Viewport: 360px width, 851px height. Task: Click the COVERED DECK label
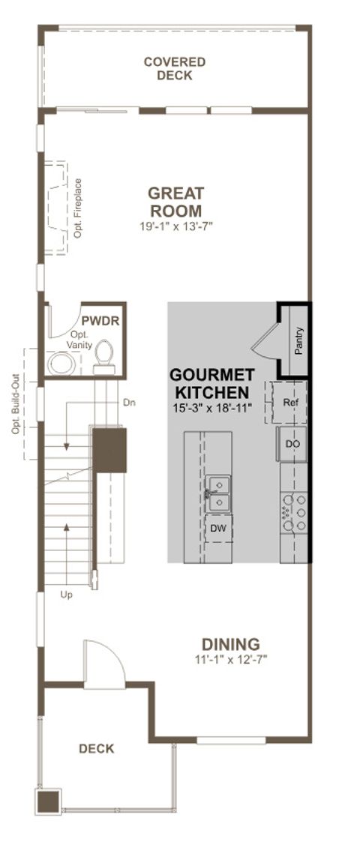point(175,68)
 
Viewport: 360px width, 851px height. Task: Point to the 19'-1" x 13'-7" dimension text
point(175,225)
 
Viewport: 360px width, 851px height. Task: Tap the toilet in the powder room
point(104,355)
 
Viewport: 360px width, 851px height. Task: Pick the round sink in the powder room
point(60,364)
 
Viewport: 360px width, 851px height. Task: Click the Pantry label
point(298,340)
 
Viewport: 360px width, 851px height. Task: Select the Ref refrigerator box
point(290,403)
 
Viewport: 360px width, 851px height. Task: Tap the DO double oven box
point(292,445)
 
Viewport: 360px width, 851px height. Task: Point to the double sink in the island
point(217,491)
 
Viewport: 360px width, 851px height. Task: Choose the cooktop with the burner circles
point(293,511)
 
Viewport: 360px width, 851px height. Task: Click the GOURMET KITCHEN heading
point(211,383)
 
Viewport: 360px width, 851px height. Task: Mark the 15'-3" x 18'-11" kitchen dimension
point(211,407)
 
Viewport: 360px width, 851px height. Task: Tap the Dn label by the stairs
point(129,403)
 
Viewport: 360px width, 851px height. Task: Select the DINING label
point(230,643)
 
